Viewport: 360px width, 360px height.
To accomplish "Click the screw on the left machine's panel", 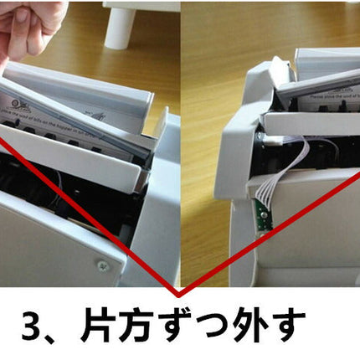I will click(x=103, y=266).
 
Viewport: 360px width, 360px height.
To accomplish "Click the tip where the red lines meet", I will click(x=177, y=295).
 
